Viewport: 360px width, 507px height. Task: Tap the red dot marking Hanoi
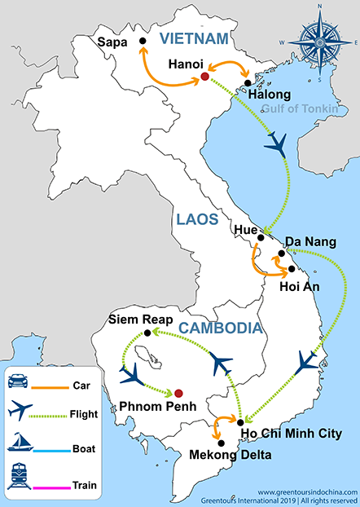tap(204, 77)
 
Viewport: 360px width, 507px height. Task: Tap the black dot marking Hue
tap(261, 238)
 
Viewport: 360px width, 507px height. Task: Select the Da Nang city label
tap(311, 242)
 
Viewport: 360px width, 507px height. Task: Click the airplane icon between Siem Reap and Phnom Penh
tap(134, 376)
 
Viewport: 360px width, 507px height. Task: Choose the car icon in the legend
tap(20, 381)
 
